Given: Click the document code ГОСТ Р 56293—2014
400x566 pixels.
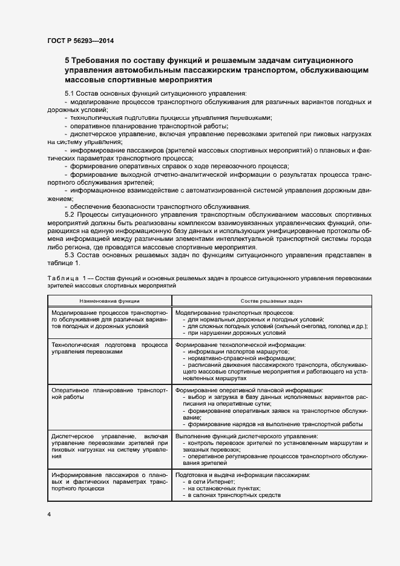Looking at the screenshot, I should (x=80, y=41).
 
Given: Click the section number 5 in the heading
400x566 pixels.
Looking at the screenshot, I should (x=68, y=61).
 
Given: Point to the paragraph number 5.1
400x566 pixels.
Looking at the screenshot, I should (x=72, y=94).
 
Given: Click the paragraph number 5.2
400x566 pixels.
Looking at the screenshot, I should (x=72, y=214).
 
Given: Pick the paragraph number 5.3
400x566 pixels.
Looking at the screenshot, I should (x=72, y=254).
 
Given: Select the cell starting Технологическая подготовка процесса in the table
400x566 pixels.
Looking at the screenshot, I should (x=110, y=347).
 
